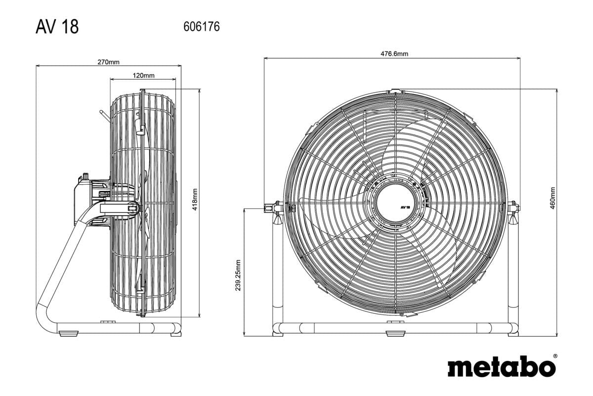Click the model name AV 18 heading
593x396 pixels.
pos(57,27)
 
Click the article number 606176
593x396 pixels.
pos(201,27)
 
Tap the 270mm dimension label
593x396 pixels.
pos(108,62)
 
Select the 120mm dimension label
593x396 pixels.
pos(143,76)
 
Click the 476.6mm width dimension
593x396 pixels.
pos(391,54)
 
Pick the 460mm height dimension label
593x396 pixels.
pos(552,198)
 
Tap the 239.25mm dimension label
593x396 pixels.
pos(238,275)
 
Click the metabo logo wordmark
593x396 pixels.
pos(501,368)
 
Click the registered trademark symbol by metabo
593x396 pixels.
pos(554,356)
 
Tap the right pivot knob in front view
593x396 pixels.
pos(513,207)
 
